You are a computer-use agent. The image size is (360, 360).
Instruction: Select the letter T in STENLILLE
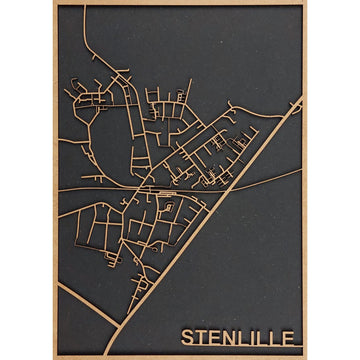[199, 337]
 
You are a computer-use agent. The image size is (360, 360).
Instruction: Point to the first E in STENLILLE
[213, 337]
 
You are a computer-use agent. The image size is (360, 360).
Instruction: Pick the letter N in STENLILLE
[228, 337]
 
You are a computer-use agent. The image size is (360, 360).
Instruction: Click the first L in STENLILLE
[242, 337]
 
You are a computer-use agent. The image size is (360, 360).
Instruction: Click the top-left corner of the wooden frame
[54, 3]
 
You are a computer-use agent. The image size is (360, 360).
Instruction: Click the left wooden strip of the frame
[54, 180]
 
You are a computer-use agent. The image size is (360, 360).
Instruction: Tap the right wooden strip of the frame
[304, 180]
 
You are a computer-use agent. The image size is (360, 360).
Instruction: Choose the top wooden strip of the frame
[180, 3]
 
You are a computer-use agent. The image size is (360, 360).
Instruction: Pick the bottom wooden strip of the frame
[180, 356]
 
